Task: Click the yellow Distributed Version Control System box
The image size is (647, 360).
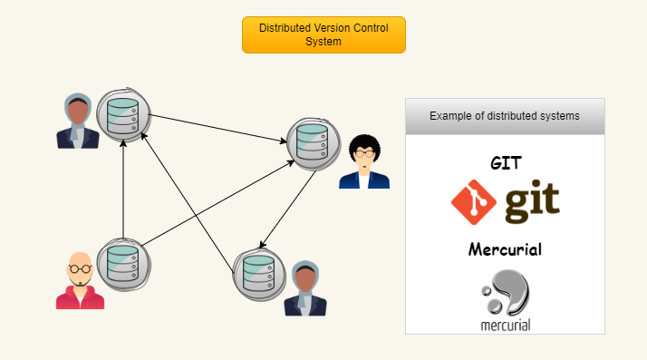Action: [323, 34]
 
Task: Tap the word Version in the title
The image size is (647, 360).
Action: [332, 28]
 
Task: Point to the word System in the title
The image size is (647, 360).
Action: [323, 42]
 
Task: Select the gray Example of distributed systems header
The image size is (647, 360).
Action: [504, 116]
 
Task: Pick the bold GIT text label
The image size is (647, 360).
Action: [505, 163]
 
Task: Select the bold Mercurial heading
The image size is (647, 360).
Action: [505, 249]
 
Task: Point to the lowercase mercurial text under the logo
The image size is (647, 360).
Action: [505, 324]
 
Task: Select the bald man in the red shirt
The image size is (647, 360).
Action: [80, 281]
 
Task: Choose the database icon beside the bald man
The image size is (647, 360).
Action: [122, 262]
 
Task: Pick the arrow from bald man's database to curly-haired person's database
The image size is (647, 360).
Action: [217, 201]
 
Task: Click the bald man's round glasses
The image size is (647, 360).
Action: [80, 269]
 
